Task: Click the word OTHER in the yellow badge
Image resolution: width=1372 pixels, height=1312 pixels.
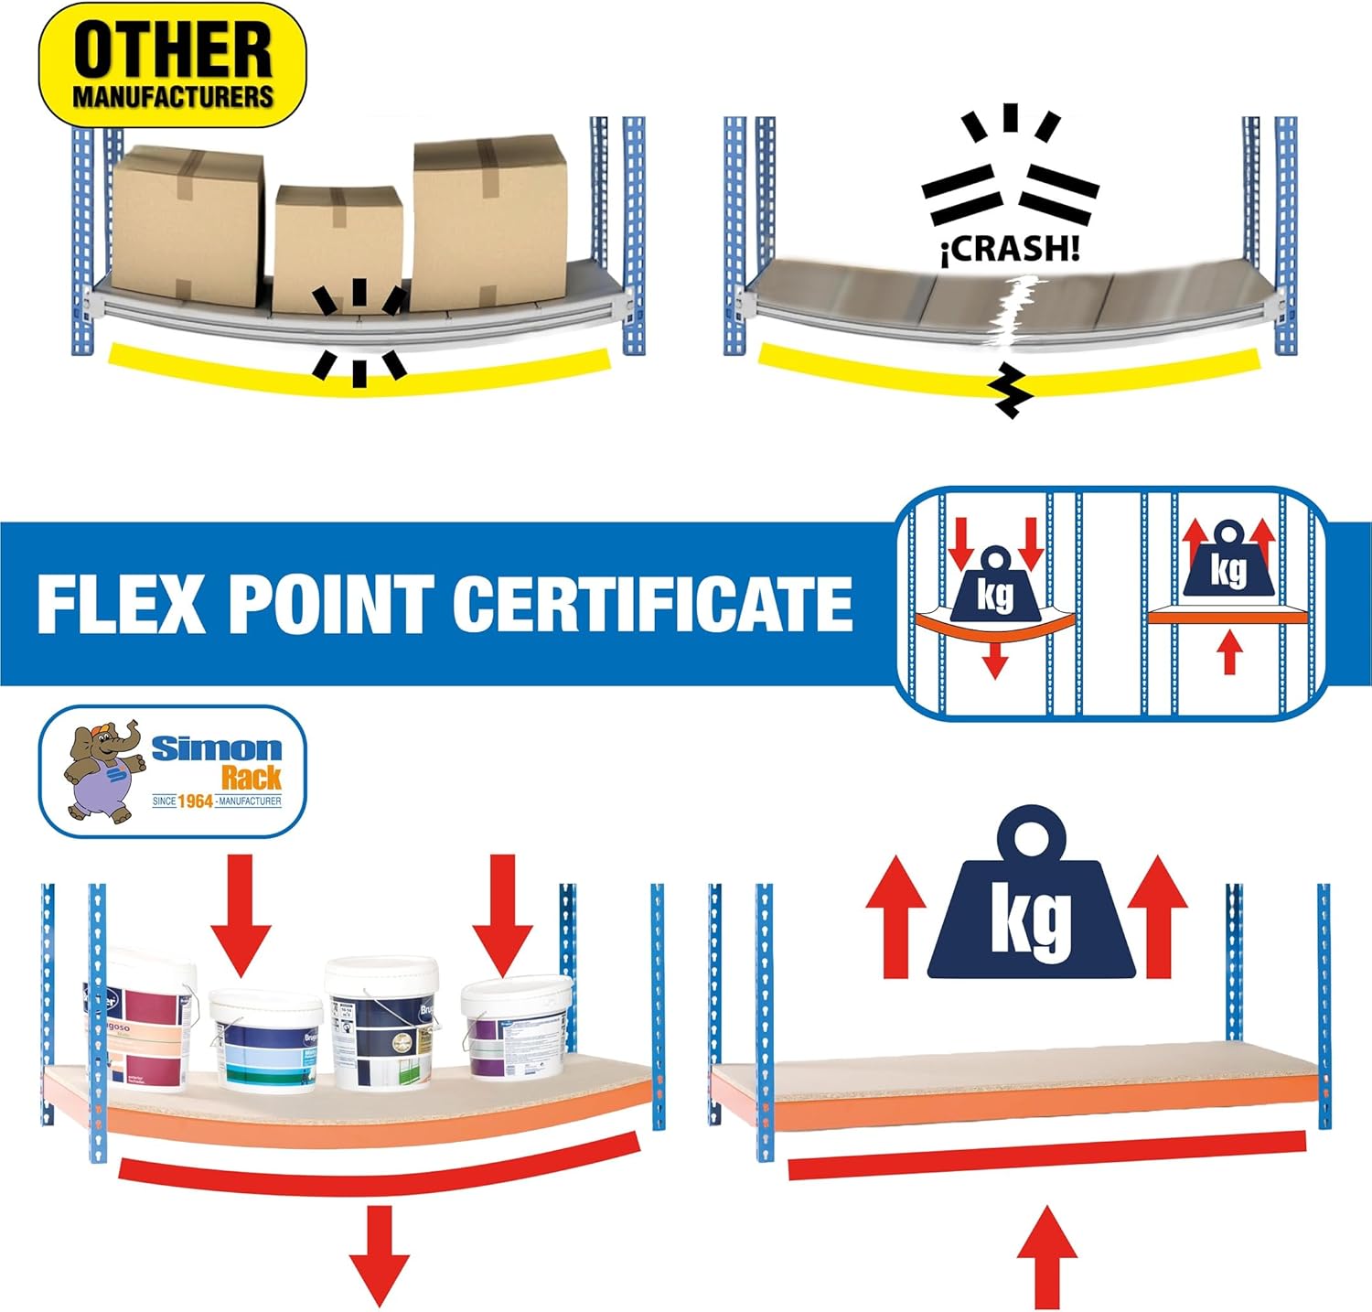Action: pyautogui.click(x=173, y=51)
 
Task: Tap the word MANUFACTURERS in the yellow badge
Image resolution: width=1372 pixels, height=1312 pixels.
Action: pyautogui.click(x=173, y=97)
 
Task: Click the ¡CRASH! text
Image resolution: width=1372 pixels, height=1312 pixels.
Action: pyautogui.click(x=1010, y=249)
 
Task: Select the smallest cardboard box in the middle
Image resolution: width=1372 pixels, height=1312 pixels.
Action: pyautogui.click(x=338, y=245)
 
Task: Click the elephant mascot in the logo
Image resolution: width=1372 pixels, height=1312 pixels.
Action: pyautogui.click(x=104, y=770)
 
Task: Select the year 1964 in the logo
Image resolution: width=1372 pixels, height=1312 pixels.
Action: pyautogui.click(x=194, y=801)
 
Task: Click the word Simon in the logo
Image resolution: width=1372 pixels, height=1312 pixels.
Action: pyautogui.click(x=217, y=749)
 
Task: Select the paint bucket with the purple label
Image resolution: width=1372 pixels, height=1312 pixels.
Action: pyautogui.click(x=511, y=1029)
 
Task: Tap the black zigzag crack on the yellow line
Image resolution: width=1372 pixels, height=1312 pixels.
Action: pyautogui.click(x=1011, y=392)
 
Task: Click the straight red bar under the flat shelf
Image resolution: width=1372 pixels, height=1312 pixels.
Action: pyautogui.click(x=1046, y=1155)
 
